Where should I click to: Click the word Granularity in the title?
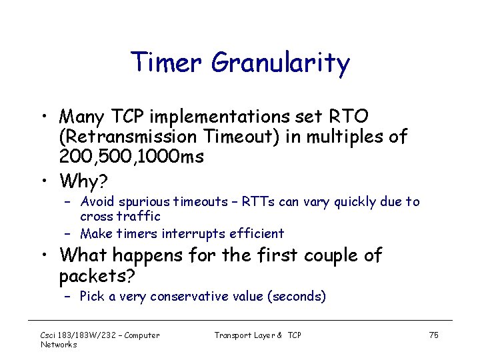pos(281,63)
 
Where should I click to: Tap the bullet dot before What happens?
pos(43,255)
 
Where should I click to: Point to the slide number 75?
pos(433,335)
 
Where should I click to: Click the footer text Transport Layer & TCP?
pos(257,335)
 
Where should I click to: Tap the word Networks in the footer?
pos(59,345)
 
